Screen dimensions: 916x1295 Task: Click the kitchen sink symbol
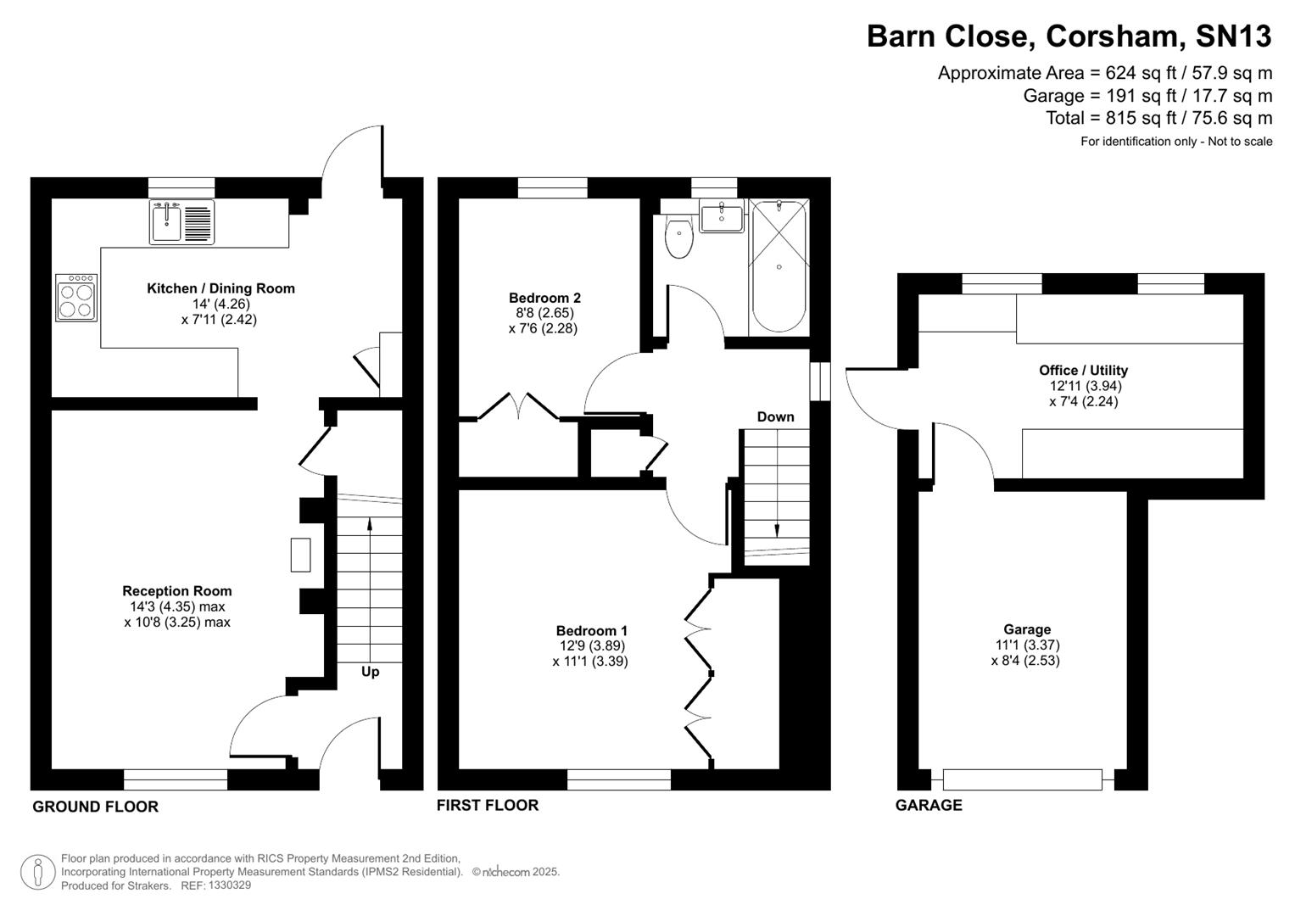pyautogui.click(x=181, y=222)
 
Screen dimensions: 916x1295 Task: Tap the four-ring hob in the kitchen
pyautogui.click(x=76, y=298)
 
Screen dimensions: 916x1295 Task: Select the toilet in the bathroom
pyautogui.click(x=679, y=238)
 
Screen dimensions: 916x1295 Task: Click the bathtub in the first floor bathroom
pyautogui.click(x=779, y=266)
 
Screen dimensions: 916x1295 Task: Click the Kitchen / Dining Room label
pyautogui.click(x=220, y=288)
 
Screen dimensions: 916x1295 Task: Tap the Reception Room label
pyautogui.click(x=176, y=591)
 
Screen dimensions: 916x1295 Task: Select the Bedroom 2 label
pyautogui.click(x=544, y=298)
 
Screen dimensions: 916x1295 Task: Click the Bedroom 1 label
pyautogui.click(x=591, y=630)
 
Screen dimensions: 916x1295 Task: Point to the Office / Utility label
pyautogui.click(x=1083, y=370)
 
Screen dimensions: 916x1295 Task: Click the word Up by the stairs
pyautogui.click(x=370, y=672)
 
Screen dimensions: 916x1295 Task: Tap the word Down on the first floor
pyautogui.click(x=775, y=416)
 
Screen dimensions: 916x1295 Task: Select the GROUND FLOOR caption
pyautogui.click(x=95, y=807)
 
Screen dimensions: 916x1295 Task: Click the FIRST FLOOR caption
pyautogui.click(x=487, y=805)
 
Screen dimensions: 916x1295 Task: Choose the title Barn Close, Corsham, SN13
pyautogui.click(x=1069, y=36)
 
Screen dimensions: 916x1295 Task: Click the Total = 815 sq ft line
pyautogui.click(x=1158, y=118)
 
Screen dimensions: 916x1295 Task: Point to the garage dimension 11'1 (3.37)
pyautogui.click(x=1027, y=645)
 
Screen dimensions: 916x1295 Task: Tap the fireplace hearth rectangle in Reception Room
pyautogui.click(x=300, y=555)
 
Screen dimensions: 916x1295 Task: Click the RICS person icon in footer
pyautogui.click(x=37, y=872)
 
